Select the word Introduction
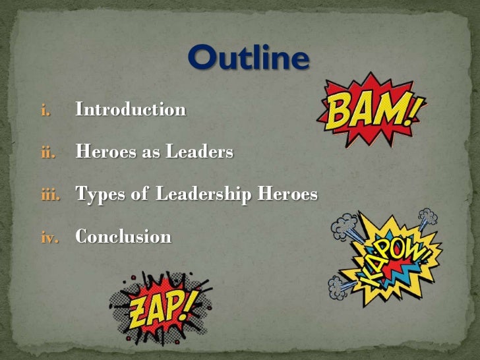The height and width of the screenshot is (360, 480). pos(131,109)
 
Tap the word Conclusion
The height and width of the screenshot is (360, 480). pos(123,236)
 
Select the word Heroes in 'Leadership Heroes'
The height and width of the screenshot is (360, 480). pos(288,195)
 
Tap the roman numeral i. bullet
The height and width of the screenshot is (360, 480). pos(45,110)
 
